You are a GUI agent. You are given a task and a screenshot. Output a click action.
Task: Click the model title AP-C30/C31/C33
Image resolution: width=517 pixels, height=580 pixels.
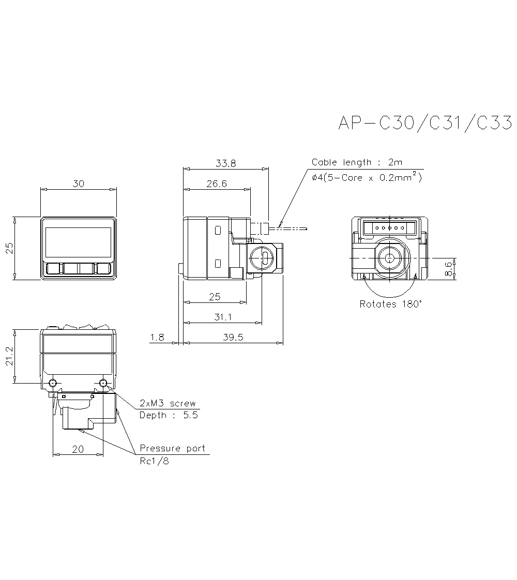click(424, 123)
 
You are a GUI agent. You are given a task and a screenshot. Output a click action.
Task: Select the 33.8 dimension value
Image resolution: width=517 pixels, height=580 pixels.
click(225, 163)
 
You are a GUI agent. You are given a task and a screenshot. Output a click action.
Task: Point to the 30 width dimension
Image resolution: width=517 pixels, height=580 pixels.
click(79, 184)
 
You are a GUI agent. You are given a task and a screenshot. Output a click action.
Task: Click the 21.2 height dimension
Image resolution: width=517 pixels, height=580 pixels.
click(9, 356)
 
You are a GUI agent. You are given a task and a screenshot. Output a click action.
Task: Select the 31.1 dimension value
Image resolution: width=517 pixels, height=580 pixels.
click(222, 317)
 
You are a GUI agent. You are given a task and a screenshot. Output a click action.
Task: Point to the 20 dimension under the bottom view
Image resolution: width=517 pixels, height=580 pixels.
click(78, 449)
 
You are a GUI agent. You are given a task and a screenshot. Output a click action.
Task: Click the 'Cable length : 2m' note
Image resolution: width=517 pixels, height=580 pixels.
click(357, 162)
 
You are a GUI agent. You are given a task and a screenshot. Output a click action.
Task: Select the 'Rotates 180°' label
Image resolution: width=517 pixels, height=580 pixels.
click(390, 304)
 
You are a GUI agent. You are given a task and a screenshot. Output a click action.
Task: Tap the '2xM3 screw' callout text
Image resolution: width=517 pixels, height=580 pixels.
click(168, 403)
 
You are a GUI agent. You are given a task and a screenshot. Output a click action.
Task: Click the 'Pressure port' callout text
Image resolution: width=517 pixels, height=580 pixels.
click(172, 448)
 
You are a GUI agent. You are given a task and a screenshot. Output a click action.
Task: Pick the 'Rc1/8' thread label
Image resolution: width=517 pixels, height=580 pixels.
click(154, 461)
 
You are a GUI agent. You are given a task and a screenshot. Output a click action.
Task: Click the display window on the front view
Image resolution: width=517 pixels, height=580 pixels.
click(79, 242)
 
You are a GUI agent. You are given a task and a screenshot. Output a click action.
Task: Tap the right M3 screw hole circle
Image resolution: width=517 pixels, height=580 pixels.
click(103, 383)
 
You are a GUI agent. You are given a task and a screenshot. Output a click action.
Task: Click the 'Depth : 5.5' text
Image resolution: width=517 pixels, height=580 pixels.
click(169, 415)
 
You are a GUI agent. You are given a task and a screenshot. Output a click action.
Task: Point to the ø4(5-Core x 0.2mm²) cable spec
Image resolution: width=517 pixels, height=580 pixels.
click(367, 178)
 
